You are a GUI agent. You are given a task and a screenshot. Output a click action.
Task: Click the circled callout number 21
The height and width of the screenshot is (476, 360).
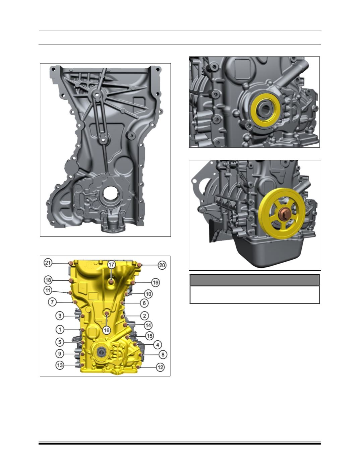[x=48, y=263]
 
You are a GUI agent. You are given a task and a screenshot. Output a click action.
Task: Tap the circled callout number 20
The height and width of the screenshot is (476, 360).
[x=162, y=265]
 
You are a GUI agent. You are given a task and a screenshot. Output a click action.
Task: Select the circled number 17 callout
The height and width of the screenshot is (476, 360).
[x=111, y=265]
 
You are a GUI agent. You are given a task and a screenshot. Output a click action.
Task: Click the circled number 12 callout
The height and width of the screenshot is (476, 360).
[x=160, y=367]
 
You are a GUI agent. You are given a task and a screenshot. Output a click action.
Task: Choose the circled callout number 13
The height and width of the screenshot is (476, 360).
[x=60, y=365]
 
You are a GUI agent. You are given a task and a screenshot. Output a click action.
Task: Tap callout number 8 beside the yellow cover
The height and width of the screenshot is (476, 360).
[x=163, y=354]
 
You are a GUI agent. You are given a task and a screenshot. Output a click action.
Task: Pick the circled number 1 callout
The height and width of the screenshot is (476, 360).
[x=60, y=330]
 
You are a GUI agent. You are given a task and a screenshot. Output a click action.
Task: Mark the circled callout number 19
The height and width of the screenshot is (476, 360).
[x=156, y=283]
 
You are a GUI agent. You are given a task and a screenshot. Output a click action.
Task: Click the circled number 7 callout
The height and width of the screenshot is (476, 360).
[x=52, y=302]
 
